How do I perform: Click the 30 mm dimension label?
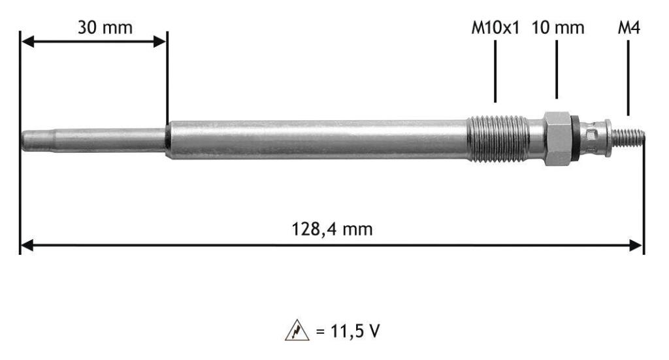point(105,27)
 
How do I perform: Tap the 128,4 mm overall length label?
point(332,229)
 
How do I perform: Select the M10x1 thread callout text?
point(495,28)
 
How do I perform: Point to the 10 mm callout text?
point(558,28)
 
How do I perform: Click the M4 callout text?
point(629,28)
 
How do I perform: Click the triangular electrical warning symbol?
point(297,330)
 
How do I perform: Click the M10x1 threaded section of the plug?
point(498,139)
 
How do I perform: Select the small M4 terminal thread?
point(627,138)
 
